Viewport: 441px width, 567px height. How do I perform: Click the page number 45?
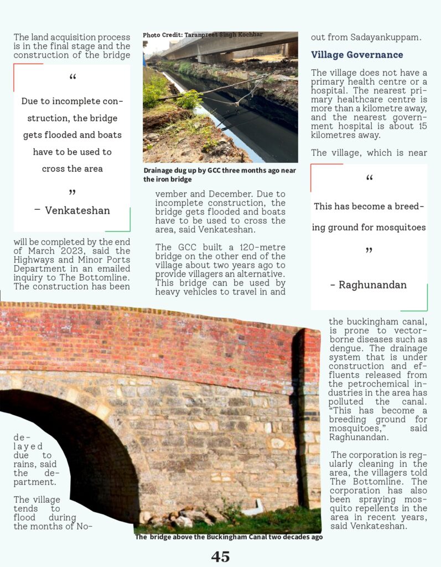click(x=220, y=556)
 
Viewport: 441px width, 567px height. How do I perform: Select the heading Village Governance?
click(x=357, y=55)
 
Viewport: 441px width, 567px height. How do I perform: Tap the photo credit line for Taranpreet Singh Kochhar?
click(x=203, y=35)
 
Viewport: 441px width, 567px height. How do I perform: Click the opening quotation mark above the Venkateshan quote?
click(x=72, y=78)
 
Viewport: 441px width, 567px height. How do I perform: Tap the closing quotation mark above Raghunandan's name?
click(x=369, y=252)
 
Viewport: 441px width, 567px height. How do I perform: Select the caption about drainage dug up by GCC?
click(x=219, y=174)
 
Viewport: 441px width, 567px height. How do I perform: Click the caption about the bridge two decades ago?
click(x=229, y=537)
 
